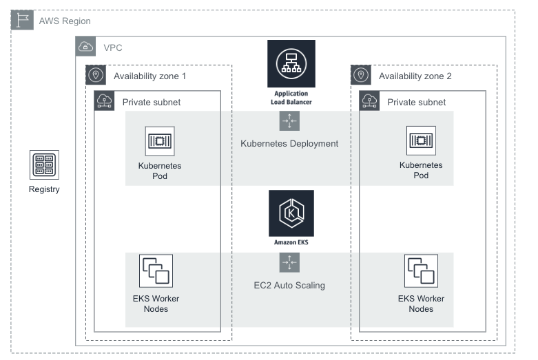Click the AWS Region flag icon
(21, 21)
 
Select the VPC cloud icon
(86, 47)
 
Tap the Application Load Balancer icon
(291, 63)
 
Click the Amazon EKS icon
(291, 213)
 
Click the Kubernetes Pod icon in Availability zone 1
(160, 141)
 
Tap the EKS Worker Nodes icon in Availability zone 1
(156, 271)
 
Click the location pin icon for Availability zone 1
(96, 75)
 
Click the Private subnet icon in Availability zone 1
(105, 101)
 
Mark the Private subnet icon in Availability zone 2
(370, 101)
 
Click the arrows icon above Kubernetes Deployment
(289, 120)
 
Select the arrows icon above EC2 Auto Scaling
(289, 262)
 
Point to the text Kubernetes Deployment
(289, 144)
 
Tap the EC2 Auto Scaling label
(289, 285)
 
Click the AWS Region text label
(64, 21)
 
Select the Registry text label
(44, 189)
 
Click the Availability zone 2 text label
(415, 76)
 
